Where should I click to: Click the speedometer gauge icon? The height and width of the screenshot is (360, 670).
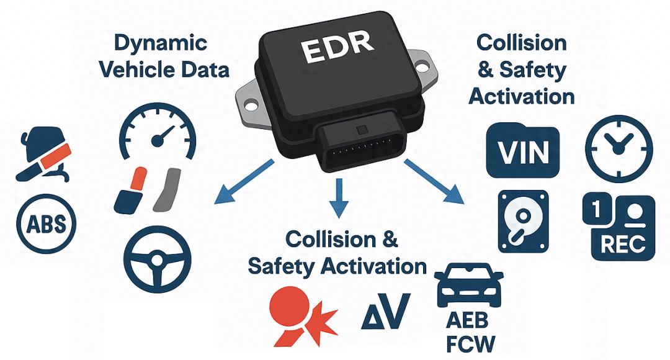click(157, 132)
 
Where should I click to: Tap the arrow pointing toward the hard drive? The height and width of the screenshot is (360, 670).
click(434, 180)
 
